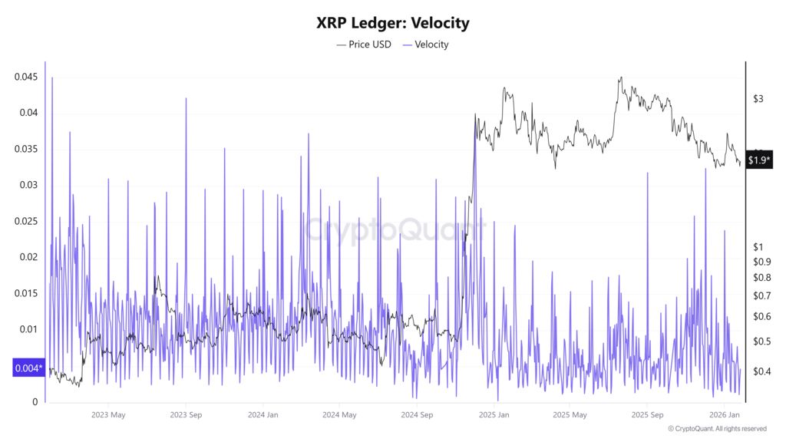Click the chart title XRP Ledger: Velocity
pyautogui.click(x=392, y=23)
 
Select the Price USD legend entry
pyautogui.click(x=364, y=45)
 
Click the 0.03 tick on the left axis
pyautogui.click(x=28, y=185)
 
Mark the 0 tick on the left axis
pyautogui.click(x=34, y=401)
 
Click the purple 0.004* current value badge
pyautogui.click(x=30, y=368)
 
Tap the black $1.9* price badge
pyautogui.click(x=759, y=160)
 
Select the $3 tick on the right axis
pyautogui.click(x=758, y=99)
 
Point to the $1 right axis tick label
pyautogui.click(x=758, y=246)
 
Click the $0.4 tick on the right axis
pyautogui.click(x=761, y=371)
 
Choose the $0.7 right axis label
pyautogui.click(x=761, y=295)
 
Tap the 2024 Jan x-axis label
pyautogui.click(x=263, y=415)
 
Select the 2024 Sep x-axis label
pyautogui.click(x=417, y=415)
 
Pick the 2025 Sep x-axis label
pyautogui.click(x=646, y=415)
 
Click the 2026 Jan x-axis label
pyautogui.click(x=725, y=415)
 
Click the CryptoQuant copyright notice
pyautogui.click(x=717, y=429)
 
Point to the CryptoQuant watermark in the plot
pyautogui.click(x=395, y=229)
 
